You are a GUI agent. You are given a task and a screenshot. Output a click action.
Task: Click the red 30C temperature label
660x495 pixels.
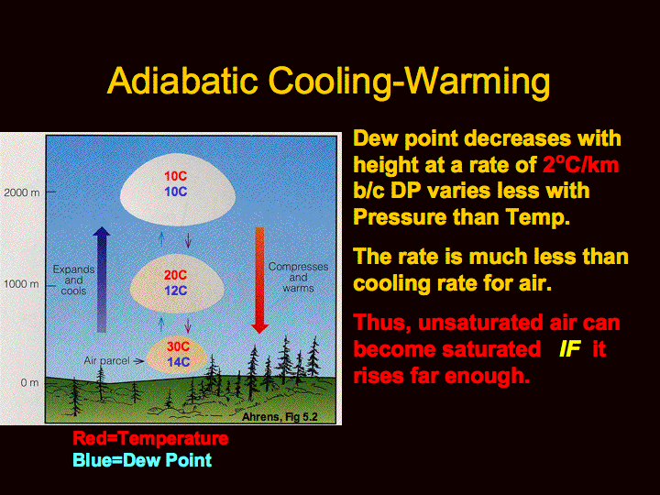click(x=178, y=346)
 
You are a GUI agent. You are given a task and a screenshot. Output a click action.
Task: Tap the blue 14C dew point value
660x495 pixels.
click(x=178, y=362)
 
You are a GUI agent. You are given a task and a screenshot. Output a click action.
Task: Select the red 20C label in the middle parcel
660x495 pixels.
click(x=175, y=275)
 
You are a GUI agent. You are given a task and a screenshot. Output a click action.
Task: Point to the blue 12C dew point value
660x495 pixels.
click(x=175, y=291)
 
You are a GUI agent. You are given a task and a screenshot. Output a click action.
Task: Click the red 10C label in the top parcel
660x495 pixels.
click(x=175, y=176)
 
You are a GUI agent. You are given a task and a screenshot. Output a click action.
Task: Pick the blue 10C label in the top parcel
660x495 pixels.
click(x=175, y=192)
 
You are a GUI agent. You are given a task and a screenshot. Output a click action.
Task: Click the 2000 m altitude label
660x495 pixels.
click(x=22, y=192)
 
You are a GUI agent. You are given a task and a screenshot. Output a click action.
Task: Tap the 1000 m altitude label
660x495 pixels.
click(x=22, y=284)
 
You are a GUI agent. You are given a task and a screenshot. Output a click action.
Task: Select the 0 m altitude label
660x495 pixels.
click(x=29, y=382)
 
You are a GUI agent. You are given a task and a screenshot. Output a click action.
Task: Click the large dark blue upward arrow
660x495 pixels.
click(x=102, y=280)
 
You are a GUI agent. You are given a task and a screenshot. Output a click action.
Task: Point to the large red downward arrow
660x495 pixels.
click(x=259, y=280)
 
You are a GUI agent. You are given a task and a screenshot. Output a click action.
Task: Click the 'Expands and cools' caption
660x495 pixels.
click(x=73, y=280)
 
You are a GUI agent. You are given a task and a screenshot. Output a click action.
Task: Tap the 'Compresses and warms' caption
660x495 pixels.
click(x=298, y=278)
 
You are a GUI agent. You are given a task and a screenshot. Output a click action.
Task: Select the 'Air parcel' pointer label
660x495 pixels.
click(x=107, y=361)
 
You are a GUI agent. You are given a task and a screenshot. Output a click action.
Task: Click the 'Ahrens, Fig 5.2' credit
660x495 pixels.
click(x=280, y=417)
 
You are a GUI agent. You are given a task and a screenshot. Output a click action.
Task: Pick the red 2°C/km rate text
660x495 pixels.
click(x=581, y=165)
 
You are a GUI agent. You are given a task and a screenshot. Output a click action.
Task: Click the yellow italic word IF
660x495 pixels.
click(x=570, y=349)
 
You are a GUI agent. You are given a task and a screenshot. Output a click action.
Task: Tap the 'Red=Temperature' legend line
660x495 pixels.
click(x=150, y=438)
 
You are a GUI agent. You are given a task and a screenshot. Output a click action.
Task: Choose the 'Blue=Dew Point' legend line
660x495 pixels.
click(x=142, y=460)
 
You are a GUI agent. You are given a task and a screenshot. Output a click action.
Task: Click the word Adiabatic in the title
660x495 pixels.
click(x=182, y=80)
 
